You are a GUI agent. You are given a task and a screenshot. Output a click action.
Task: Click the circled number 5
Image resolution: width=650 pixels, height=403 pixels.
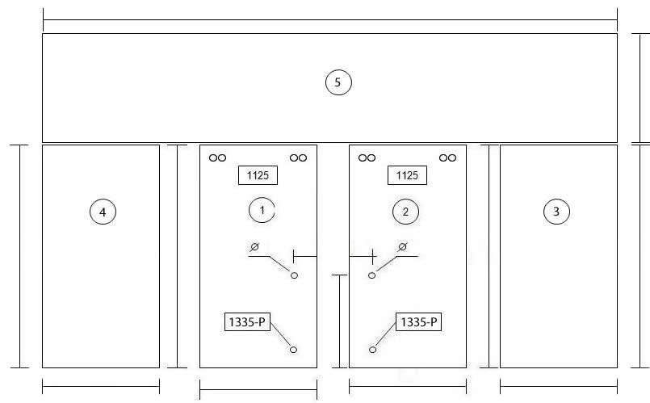click(338, 82)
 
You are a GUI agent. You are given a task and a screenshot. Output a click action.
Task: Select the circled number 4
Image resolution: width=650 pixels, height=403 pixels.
click(103, 212)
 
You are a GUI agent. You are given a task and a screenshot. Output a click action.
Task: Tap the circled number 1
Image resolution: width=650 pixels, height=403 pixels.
click(262, 210)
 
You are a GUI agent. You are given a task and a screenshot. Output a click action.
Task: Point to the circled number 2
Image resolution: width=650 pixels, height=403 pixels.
click(405, 212)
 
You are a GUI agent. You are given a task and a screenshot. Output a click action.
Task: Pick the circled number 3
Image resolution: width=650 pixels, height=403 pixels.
click(556, 212)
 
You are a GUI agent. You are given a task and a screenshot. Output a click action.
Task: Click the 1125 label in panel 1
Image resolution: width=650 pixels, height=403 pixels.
click(258, 175)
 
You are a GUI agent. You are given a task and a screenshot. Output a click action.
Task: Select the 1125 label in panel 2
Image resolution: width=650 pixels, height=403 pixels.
click(407, 175)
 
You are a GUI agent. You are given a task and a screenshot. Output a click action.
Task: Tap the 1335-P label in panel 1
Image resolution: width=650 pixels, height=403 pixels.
click(247, 321)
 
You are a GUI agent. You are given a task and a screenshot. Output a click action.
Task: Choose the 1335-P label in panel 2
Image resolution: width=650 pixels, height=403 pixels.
click(419, 321)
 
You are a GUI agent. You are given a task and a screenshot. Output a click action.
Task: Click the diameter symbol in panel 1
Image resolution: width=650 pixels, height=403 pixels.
click(254, 247)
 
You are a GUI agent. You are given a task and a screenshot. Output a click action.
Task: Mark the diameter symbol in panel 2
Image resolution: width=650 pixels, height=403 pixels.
click(402, 247)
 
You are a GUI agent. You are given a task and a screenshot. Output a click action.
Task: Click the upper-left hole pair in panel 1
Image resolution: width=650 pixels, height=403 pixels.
click(218, 158)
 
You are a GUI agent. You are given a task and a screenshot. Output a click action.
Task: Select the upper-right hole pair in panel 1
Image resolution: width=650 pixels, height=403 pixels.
click(299, 158)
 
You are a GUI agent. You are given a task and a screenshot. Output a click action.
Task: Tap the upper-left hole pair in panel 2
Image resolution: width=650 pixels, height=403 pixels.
click(367, 158)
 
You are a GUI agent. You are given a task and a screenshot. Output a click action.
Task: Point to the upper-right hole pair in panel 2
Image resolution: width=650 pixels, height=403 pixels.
click(447, 158)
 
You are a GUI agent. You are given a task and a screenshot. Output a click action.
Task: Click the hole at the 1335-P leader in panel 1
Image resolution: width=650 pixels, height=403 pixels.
click(293, 350)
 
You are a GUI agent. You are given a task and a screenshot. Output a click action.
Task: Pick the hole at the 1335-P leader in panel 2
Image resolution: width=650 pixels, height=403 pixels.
click(373, 350)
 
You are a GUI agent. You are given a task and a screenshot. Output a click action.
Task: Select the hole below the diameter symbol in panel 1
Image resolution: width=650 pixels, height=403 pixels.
click(295, 275)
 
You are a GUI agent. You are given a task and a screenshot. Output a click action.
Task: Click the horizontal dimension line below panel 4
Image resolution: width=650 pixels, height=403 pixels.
click(101, 387)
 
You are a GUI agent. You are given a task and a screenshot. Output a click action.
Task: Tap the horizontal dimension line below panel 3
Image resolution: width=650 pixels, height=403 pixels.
click(559, 387)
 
